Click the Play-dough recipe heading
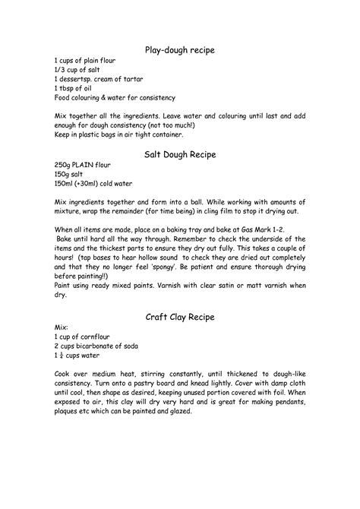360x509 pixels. tap(180, 49)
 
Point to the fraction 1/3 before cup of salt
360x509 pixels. tap(60, 69)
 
